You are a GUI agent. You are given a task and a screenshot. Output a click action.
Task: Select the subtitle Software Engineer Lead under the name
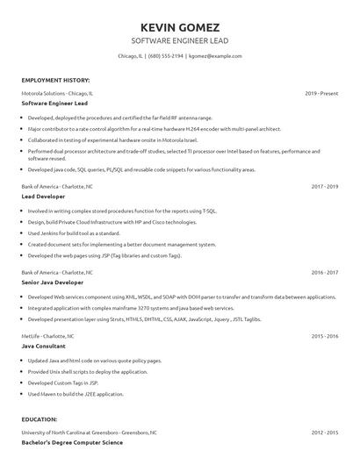tap(180, 40)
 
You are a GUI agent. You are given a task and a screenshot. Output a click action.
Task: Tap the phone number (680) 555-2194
tap(167, 55)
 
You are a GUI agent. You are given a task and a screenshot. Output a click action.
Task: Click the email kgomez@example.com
tap(215, 55)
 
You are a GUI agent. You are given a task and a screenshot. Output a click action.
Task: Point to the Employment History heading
tap(54, 80)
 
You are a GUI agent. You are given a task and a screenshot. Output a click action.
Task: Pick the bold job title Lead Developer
tap(43, 197)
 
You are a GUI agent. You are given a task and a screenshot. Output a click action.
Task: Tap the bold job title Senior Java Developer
tap(54, 283)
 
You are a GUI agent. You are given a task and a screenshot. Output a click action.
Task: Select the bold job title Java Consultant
tap(43, 347)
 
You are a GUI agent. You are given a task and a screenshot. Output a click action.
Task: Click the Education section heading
tap(40, 419)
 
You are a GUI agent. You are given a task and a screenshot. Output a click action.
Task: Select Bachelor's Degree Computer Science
tap(67, 443)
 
